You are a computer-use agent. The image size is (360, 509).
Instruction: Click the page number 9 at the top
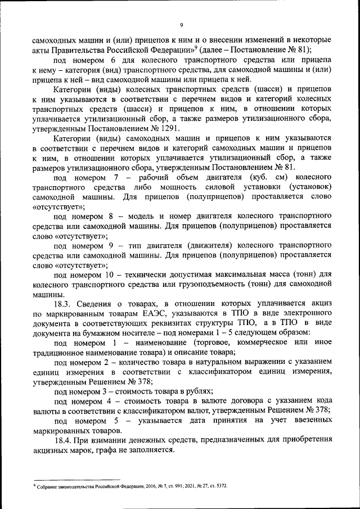point(181,25)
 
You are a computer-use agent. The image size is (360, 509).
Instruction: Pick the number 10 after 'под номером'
point(116,274)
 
